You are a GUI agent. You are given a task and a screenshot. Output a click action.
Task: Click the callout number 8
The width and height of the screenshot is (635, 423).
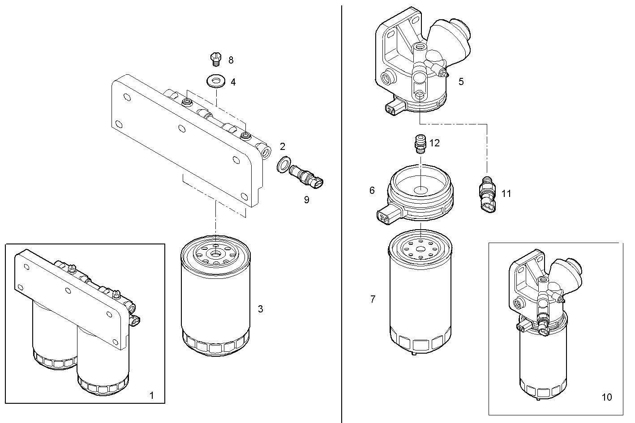(231, 60)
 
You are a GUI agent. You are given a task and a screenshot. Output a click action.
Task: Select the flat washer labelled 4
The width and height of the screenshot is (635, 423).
(215, 81)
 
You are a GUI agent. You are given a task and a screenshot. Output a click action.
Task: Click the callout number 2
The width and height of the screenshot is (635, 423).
(283, 146)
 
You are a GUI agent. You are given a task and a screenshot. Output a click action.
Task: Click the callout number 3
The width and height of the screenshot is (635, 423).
(260, 309)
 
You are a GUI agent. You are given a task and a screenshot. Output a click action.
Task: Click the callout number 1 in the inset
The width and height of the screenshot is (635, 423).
(151, 395)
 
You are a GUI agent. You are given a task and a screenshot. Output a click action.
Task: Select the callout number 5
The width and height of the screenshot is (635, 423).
(461, 81)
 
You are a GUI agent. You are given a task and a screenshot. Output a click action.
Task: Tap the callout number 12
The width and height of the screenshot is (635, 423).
(434, 143)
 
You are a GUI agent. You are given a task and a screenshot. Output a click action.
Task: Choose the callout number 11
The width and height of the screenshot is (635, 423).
(506, 193)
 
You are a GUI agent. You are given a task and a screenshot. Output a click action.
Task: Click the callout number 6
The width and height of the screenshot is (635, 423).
(372, 191)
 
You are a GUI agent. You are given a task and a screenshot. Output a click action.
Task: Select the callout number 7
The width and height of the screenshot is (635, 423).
(373, 299)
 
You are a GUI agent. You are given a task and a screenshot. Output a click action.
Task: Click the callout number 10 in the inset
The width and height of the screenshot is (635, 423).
(606, 397)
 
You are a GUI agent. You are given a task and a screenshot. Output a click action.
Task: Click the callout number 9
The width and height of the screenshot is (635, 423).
(307, 200)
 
